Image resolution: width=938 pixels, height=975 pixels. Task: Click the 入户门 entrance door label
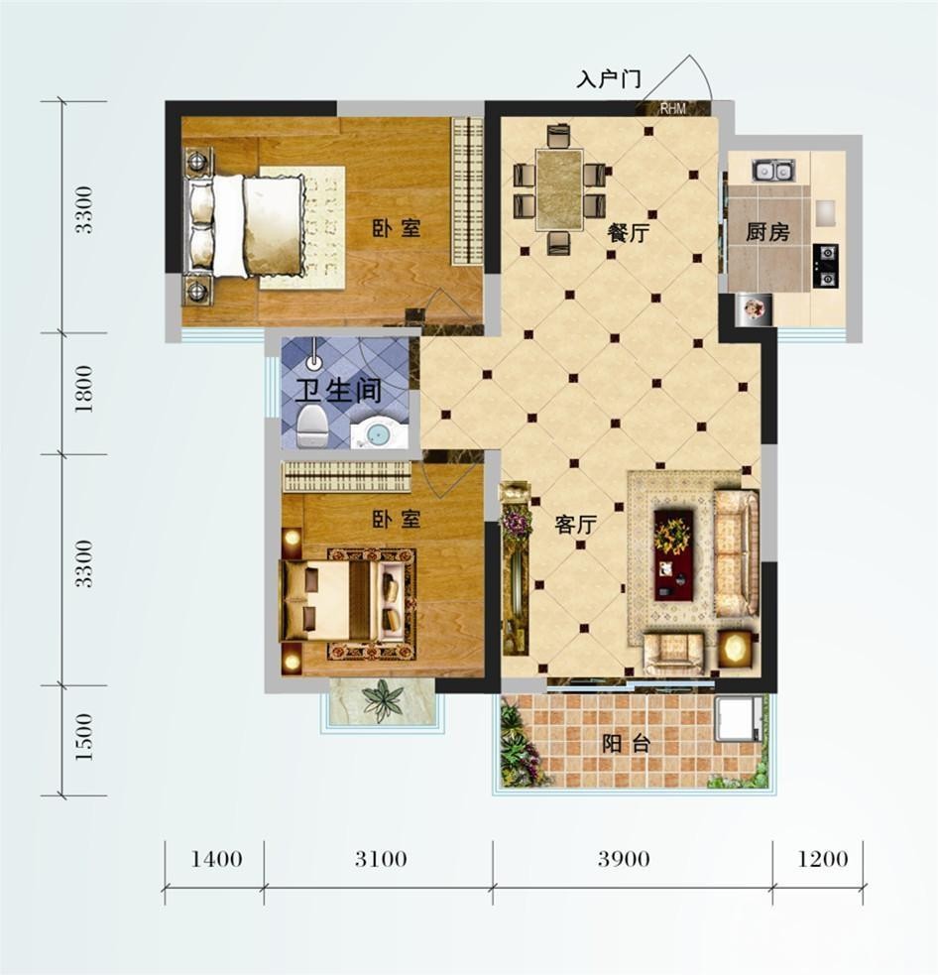[x=609, y=79]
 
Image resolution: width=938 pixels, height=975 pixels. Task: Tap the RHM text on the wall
[x=672, y=109]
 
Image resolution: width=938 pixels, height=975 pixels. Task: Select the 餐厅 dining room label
[x=629, y=234]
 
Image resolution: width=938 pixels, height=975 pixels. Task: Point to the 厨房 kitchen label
[x=767, y=232]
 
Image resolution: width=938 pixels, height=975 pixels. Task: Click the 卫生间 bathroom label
[x=338, y=391]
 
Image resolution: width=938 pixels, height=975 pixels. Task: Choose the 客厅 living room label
[x=576, y=525]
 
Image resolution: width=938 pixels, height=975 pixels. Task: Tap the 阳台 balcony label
[x=626, y=743]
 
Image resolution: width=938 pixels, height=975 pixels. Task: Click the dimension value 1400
[x=216, y=859]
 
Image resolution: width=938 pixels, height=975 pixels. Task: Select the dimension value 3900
[x=624, y=859]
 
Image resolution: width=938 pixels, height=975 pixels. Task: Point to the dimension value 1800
[x=83, y=389]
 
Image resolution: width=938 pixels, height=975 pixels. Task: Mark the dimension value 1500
[x=83, y=737]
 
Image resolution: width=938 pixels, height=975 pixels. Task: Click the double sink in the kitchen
[x=772, y=170]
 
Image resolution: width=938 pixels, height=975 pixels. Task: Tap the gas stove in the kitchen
[x=826, y=266]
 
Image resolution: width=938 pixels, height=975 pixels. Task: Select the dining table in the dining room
[x=559, y=189]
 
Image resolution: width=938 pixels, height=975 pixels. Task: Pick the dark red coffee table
[x=673, y=554]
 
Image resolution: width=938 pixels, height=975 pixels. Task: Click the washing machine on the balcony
[x=738, y=719]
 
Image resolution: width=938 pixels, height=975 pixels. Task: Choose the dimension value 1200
[x=822, y=859]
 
